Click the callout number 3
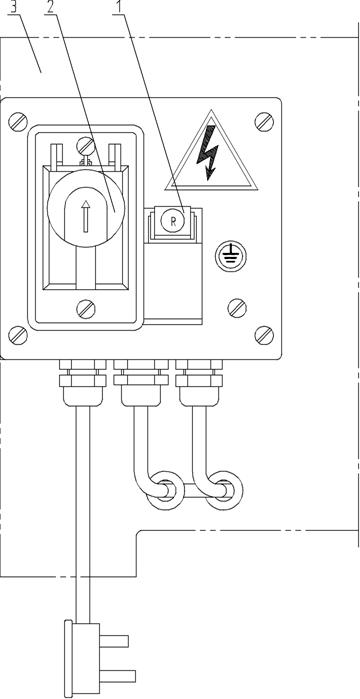pyautogui.click(x=14, y=7)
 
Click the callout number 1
pyautogui.click(x=119, y=7)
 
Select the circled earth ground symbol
pyautogui.click(x=230, y=256)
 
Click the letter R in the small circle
pyautogui.click(x=173, y=222)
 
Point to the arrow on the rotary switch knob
pyautogui.click(x=86, y=216)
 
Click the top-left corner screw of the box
pyautogui.click(x=18, y=122)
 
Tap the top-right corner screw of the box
pyautogui.click(x=264, y=122)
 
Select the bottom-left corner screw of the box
pyautogui.click(x=18, y=335)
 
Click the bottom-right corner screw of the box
pyautogui.click(x=264, y=335)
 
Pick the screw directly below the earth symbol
pyautogui.click(x=237, y=308)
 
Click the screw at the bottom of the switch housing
pyautogui.click(x=86, y=309)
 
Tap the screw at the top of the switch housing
pyautogui.click(x=86, y=145)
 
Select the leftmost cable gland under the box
pyautogui.click(x=83, y=382)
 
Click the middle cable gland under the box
pyautogui.click(x=141, y=382)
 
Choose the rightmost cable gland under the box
pyautogui.click(x=199, y=382)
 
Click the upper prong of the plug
pyautogui.click(x=114, y=641)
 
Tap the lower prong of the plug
pyautogui.click(x=117, y=676)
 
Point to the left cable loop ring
pyautogui.click(x=166, y=491)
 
